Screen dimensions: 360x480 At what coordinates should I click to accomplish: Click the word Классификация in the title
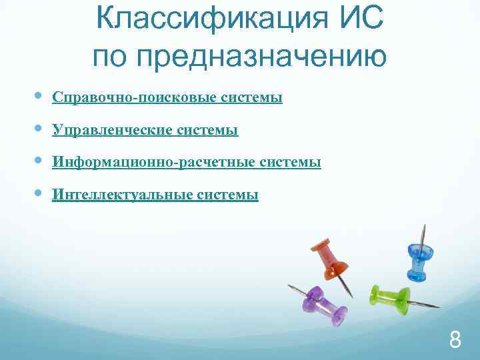pos(211,19)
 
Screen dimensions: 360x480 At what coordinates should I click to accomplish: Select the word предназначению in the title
pos(260,56)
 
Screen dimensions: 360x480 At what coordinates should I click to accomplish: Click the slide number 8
pos(455,341)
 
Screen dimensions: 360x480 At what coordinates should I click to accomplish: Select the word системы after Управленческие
pos(208,130)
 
